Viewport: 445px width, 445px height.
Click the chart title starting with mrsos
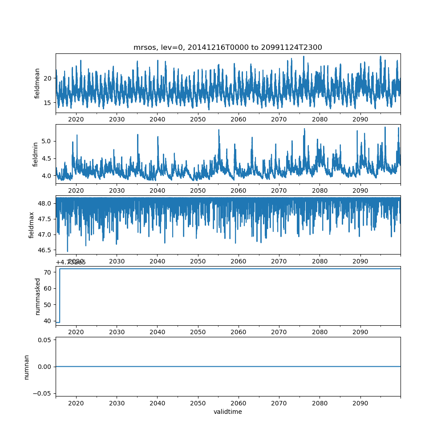point(227,47)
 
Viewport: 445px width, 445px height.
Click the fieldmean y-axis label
point(38,83)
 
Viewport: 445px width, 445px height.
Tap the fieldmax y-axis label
point(32,225)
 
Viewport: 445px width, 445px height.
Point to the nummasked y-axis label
point(38,296)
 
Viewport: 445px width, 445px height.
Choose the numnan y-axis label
point(26,367)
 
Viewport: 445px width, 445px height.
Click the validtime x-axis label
point(227,412)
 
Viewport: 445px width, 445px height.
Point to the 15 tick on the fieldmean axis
point(48,103)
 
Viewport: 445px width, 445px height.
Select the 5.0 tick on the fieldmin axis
point(46,141)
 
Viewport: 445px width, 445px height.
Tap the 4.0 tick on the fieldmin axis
point(46,176)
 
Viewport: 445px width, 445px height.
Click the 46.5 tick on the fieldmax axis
point(44,250)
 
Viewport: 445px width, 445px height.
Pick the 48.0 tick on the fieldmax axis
point(44,204)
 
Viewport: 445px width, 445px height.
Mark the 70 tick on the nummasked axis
point(48,272)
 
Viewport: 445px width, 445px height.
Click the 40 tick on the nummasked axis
point(48,321)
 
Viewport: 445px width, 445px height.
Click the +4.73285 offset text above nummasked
point(71,262)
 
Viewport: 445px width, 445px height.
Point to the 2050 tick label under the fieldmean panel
point(198,119)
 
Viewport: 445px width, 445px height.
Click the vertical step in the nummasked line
point(60,295)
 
